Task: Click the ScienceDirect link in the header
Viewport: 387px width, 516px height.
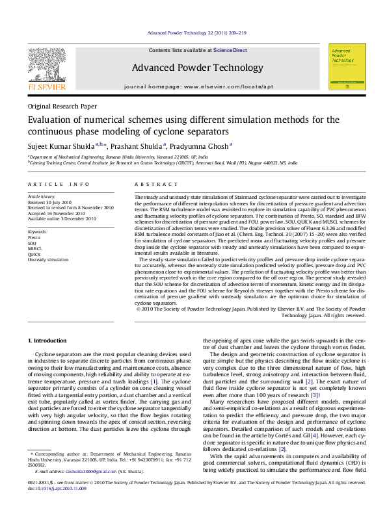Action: pos(230,50)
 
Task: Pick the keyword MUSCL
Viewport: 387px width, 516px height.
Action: pos(35,248)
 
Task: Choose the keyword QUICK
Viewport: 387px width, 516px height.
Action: pos(34,254)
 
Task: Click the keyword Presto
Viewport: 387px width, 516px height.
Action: pos(33,238)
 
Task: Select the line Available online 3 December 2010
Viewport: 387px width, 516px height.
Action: pos(61,218)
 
